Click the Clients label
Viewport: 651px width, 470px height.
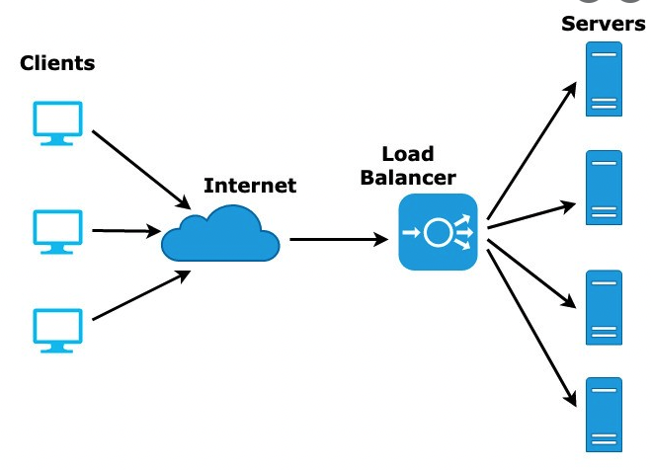tap(57, 64)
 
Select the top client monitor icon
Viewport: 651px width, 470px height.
tap(54, 122)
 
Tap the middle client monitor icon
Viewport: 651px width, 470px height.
tap(54, 229)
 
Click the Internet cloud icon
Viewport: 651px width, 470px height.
tap(220, 234)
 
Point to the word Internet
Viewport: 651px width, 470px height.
tap(249, 185)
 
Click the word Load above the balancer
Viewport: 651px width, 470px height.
tap(407, 156)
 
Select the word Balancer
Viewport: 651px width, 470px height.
tap(407, 178)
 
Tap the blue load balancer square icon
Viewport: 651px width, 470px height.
tap(438, 233)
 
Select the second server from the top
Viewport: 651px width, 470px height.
tap(604, 187)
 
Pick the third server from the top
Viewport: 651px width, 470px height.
tap(604, 306)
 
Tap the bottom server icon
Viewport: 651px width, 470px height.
tap(604, 414)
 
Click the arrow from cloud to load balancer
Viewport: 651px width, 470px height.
tap(337, 239)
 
